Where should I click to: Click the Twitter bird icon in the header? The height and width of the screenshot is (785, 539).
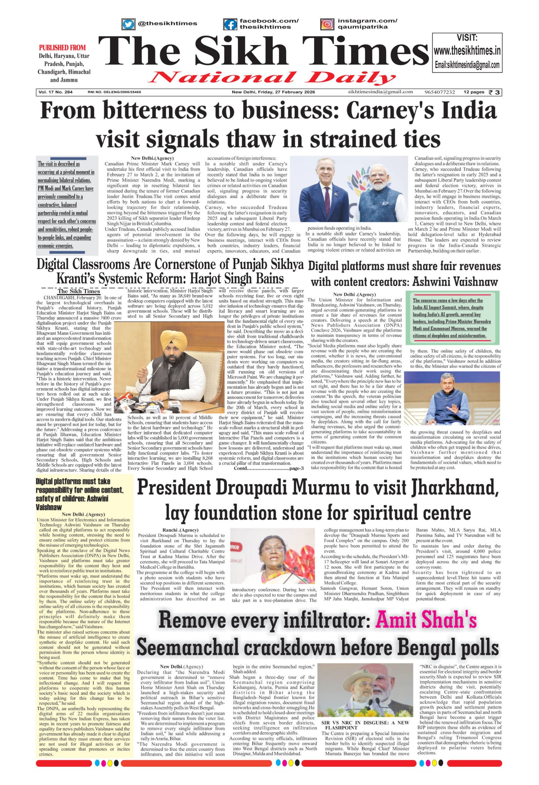tap(128, 24)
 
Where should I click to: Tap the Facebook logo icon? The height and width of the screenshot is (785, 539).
tap(230, 24)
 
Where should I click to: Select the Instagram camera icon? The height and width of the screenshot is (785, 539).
tap(326, 24)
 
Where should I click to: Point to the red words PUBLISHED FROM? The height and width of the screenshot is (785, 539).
tap(62, 48)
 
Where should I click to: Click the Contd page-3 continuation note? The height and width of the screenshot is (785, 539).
tap(269, 468)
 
